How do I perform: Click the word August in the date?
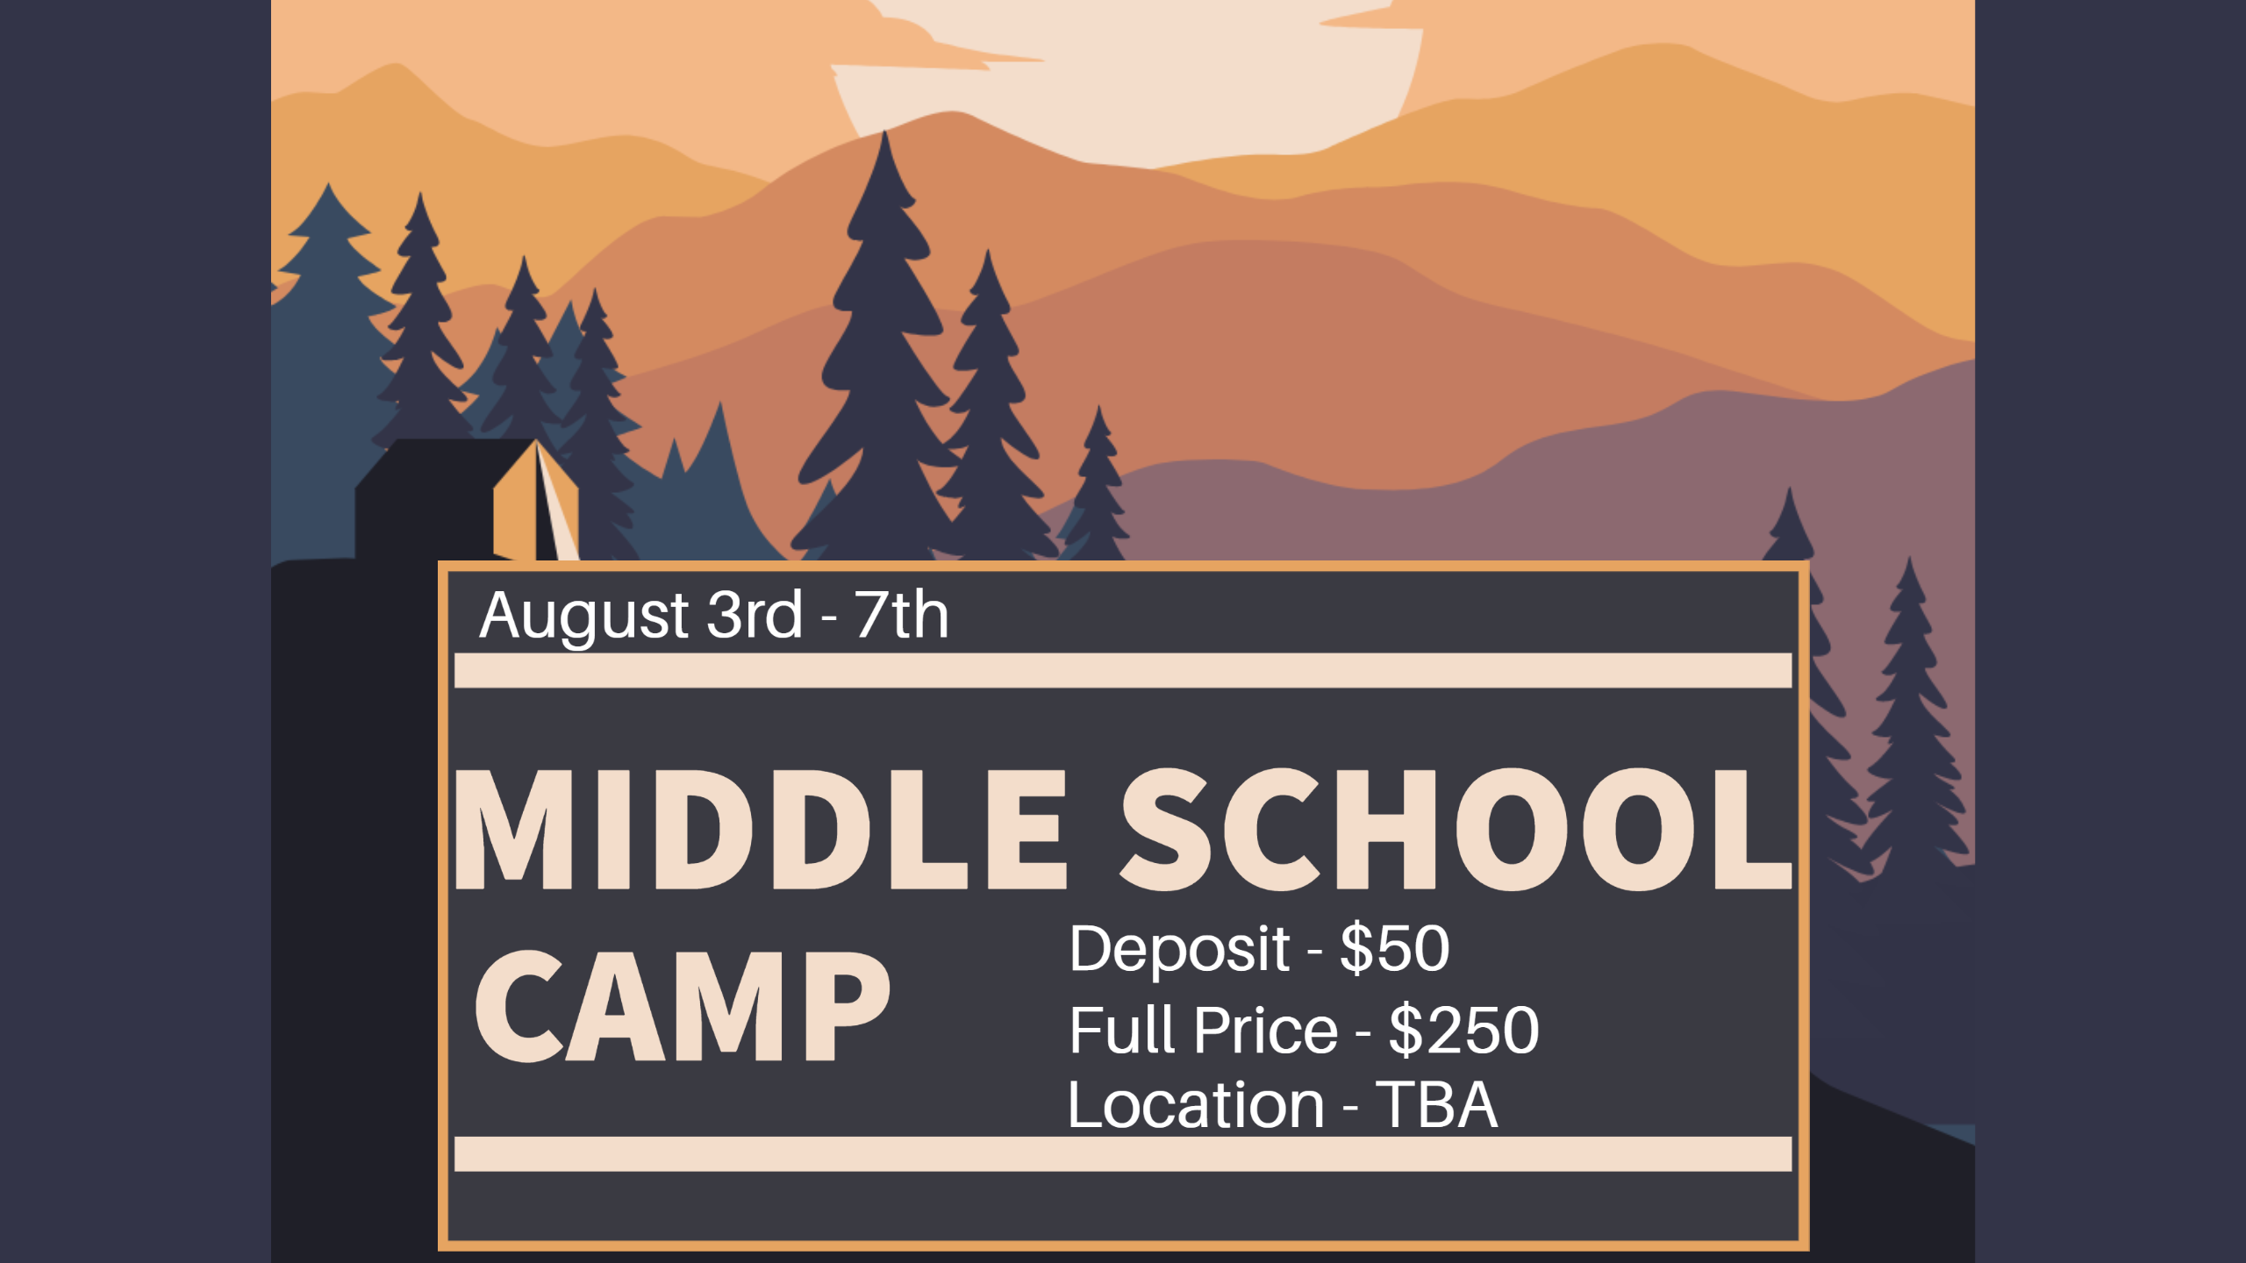tap(583, 617)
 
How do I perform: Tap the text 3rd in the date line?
tap(755, 614)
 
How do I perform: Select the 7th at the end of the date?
tap(902, 614)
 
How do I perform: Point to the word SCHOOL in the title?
tap(1456, 830)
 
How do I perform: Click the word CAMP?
tap(683, 1006)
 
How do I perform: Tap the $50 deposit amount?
tap(1395, 948)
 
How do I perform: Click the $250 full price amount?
tap(1464, 1030)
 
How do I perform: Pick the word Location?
tap(1196, 1104)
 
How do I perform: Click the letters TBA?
tap(1436, 1104)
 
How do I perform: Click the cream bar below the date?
tap(1123, 670)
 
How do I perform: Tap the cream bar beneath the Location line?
tap(1123, 1154)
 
